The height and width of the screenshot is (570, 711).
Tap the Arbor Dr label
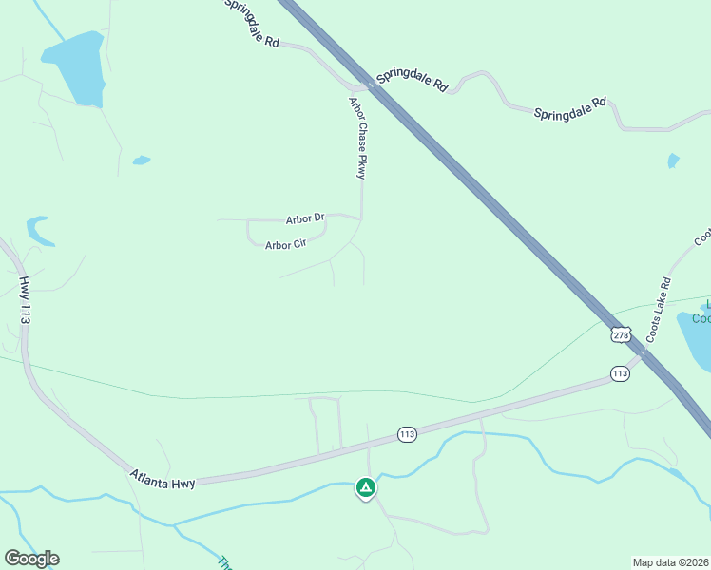305,218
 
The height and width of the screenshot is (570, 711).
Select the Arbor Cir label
284,245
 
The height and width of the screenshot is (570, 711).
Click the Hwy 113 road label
25,300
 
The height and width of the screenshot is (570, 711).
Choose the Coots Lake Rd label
660,310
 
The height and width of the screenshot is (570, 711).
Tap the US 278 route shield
622,335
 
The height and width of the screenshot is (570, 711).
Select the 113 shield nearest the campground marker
407,434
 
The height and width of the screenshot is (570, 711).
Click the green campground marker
365,487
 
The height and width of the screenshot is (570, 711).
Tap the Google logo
31,559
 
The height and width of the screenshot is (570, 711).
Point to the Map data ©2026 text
670,561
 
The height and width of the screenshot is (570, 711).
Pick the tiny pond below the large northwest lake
142,161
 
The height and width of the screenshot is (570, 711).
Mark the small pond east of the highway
674,161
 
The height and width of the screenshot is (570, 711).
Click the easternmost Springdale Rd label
570,107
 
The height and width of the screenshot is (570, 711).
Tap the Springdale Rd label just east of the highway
412,79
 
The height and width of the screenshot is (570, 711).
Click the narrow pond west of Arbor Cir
39,230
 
